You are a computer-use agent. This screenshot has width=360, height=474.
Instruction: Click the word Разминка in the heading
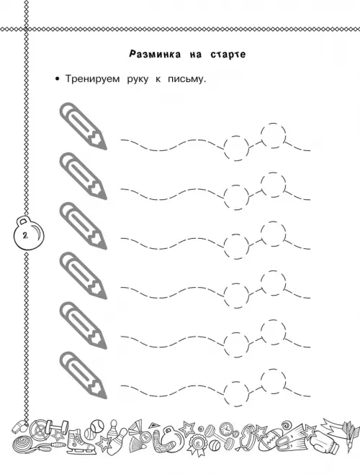[x=155, y=55]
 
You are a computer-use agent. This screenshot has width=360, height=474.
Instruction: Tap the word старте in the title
[x=228, y=55]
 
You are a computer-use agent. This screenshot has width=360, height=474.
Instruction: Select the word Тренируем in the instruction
[x=93, y=79]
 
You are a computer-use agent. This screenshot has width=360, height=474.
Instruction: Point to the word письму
[x=187, y=79]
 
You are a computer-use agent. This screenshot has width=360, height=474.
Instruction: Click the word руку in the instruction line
[x=138, y=80]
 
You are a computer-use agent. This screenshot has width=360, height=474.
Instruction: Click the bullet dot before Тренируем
[x=57, y=80]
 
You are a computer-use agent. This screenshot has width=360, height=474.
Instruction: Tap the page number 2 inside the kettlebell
[x=24, y=235]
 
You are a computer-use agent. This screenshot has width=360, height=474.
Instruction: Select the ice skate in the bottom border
[x=78, y=442]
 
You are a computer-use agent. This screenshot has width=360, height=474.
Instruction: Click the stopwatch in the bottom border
[x=225, y=429]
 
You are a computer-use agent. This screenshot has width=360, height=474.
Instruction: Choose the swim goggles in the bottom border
[x=251, y=434]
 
